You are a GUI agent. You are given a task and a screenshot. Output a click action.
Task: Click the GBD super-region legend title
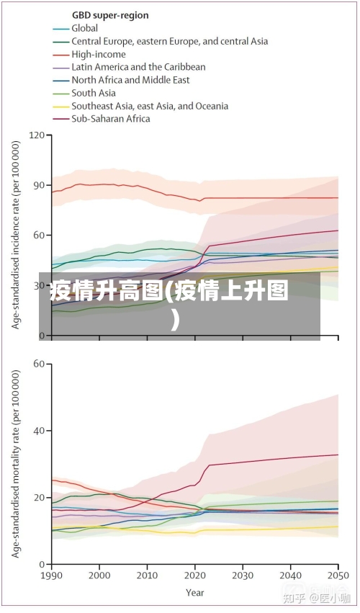coord(110,15)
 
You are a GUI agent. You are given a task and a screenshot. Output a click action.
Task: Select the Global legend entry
coord(84,28)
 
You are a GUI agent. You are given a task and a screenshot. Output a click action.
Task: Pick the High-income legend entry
coord(98,54)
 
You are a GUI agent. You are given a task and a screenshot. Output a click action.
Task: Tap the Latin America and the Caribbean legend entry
coord(138,67)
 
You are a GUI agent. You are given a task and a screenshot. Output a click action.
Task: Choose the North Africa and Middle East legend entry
coord(130,80)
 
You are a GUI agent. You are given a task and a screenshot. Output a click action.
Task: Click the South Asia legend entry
coord(94,93)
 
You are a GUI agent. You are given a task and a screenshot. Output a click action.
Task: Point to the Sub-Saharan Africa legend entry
coord(111,119)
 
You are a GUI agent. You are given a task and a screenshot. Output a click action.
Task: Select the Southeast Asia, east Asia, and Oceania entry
coord(150,106)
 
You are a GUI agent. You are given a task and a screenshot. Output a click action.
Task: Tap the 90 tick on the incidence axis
coord(39,185)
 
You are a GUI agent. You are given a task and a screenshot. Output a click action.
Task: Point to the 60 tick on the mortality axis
coord(39,364)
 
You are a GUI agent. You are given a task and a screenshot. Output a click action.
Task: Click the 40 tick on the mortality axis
coord(39,431)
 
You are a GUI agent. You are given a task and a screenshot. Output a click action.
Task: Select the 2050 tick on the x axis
coord(338,576)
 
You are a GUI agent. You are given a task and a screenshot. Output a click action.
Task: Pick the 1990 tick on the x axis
coord(52,576)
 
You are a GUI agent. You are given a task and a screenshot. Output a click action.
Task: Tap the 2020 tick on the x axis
coord(194,576)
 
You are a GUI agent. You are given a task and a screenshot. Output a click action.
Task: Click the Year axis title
coord(194,593)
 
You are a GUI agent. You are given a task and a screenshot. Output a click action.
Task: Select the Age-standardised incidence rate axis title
coord(16,234)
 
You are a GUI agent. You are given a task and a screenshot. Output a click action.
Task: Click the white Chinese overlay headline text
coord(170,303)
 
